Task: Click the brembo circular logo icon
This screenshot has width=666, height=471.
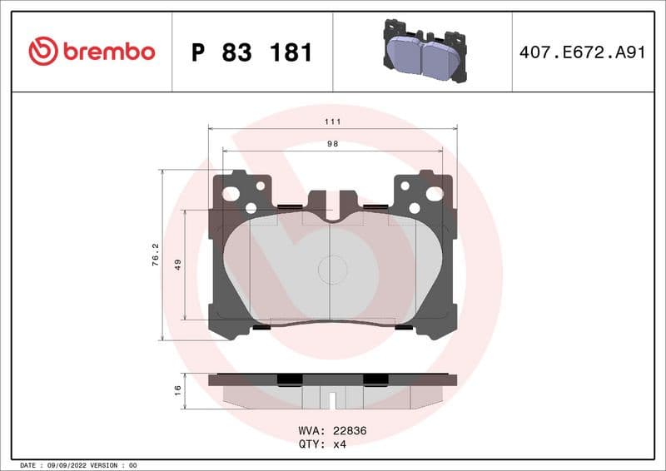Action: coord(43,52)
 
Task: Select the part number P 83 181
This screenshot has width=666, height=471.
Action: coord(251,52)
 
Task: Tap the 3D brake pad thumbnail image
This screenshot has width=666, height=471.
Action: coord(423,51)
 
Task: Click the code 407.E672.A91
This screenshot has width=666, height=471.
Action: coord(582,52)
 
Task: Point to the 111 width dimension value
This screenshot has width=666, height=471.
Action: coord(333,121)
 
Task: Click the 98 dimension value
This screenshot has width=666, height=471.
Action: coord(333,143)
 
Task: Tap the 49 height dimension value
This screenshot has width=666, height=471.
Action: coord(177,265)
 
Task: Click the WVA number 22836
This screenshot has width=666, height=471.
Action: coord(350,431)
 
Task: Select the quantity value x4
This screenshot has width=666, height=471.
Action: coord(340,444)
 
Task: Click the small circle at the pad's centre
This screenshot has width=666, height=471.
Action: coord(333,268)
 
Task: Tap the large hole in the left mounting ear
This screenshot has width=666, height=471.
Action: coord(231,194)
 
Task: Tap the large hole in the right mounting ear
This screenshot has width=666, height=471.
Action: coord(434,194)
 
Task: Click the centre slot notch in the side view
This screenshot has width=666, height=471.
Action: coord(333,399)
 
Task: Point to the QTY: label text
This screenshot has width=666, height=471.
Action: coord(311,444)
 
